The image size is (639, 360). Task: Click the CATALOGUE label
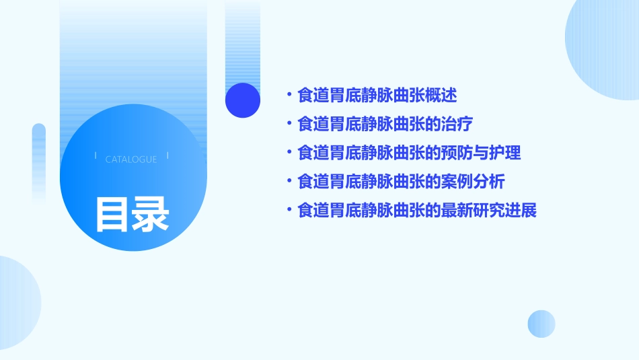(131, 159)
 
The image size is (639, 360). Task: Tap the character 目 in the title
(112, 215)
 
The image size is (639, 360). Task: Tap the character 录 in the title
(151, 215)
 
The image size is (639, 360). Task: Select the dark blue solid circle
(243, 100)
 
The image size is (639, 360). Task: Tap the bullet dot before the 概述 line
(289, 95)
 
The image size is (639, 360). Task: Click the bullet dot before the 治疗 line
(289, 124)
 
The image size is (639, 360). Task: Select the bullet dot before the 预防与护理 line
(289, 153)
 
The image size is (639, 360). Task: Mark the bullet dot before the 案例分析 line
(289, 182)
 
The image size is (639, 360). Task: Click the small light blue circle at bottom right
(541, 324)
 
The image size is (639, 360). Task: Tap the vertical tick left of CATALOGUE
(96, 157)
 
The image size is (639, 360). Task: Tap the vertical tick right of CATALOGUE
(167, 157)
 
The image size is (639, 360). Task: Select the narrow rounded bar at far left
(39, 158)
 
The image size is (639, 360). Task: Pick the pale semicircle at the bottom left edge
(17, 303)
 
